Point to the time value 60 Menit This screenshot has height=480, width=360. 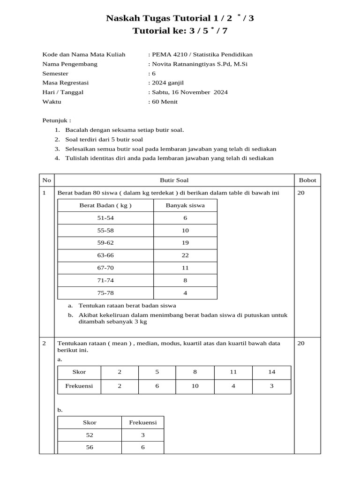165,101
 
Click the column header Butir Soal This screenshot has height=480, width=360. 174,180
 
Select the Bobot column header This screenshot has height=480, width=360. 307,180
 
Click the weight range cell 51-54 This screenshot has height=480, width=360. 105,218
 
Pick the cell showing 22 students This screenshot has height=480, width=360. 185,255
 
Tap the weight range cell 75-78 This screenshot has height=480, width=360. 105,292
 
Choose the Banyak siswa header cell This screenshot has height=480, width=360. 185,205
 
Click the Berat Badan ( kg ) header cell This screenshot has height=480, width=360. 105,205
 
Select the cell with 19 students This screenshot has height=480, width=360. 185,243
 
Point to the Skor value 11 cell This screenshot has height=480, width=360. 233,372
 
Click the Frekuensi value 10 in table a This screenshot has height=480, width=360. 195,386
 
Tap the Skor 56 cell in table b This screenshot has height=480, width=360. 90,447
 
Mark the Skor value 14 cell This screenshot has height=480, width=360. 272,372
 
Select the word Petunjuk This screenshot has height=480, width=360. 55,120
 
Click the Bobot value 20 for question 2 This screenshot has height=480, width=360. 301,343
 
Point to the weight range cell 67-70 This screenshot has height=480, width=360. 105,268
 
